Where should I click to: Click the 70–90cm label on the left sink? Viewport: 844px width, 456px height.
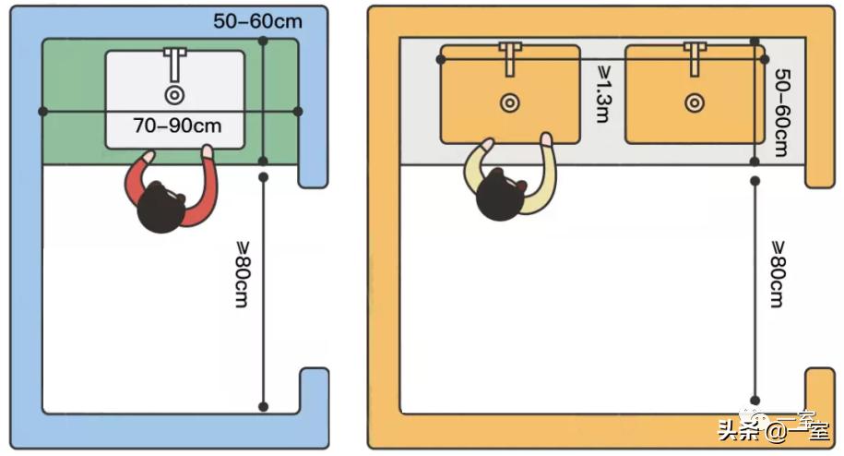tap(177, 126)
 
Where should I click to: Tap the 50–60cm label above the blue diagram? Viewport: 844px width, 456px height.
tap(257, 19)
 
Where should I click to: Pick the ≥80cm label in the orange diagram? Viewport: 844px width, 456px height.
tap(779, 273)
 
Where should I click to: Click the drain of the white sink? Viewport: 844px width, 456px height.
tap(174, 94)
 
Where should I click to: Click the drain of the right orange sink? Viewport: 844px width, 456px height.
tap(695, 103)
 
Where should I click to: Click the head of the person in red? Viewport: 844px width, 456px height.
tap(160, 209)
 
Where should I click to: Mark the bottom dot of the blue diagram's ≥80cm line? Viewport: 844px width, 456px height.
tap(263, 406)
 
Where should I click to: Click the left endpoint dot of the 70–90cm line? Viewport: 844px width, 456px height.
tap(42, 112)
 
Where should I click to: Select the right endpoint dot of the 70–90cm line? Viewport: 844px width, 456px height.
tap(297, 112)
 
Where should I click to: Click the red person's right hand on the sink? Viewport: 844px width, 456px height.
tap(208, 150)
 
